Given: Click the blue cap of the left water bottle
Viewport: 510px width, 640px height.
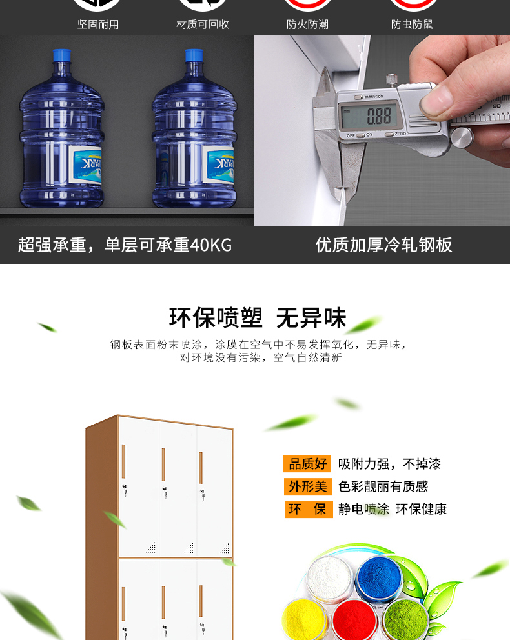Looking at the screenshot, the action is click(x=62, y=55).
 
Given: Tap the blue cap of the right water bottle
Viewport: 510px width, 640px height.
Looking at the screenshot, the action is click(x=194, y=55).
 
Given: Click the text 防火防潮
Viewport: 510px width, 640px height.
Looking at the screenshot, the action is click(x=307, y=25).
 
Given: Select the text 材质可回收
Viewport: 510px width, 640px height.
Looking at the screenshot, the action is click(x=203, y=25).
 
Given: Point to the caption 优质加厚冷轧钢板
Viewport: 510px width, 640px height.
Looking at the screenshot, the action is click(x=384, y=245).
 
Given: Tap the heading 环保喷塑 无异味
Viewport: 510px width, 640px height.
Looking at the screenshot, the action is click(x=258, y=318).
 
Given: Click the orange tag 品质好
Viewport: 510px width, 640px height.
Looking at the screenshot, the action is click(x=307, y=464).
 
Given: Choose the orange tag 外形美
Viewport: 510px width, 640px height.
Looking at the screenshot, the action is click(x=308, y=486).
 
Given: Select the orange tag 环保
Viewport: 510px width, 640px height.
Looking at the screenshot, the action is click(x=309, y=509).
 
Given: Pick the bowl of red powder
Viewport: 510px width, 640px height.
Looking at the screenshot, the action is click(x=354, y=621).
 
